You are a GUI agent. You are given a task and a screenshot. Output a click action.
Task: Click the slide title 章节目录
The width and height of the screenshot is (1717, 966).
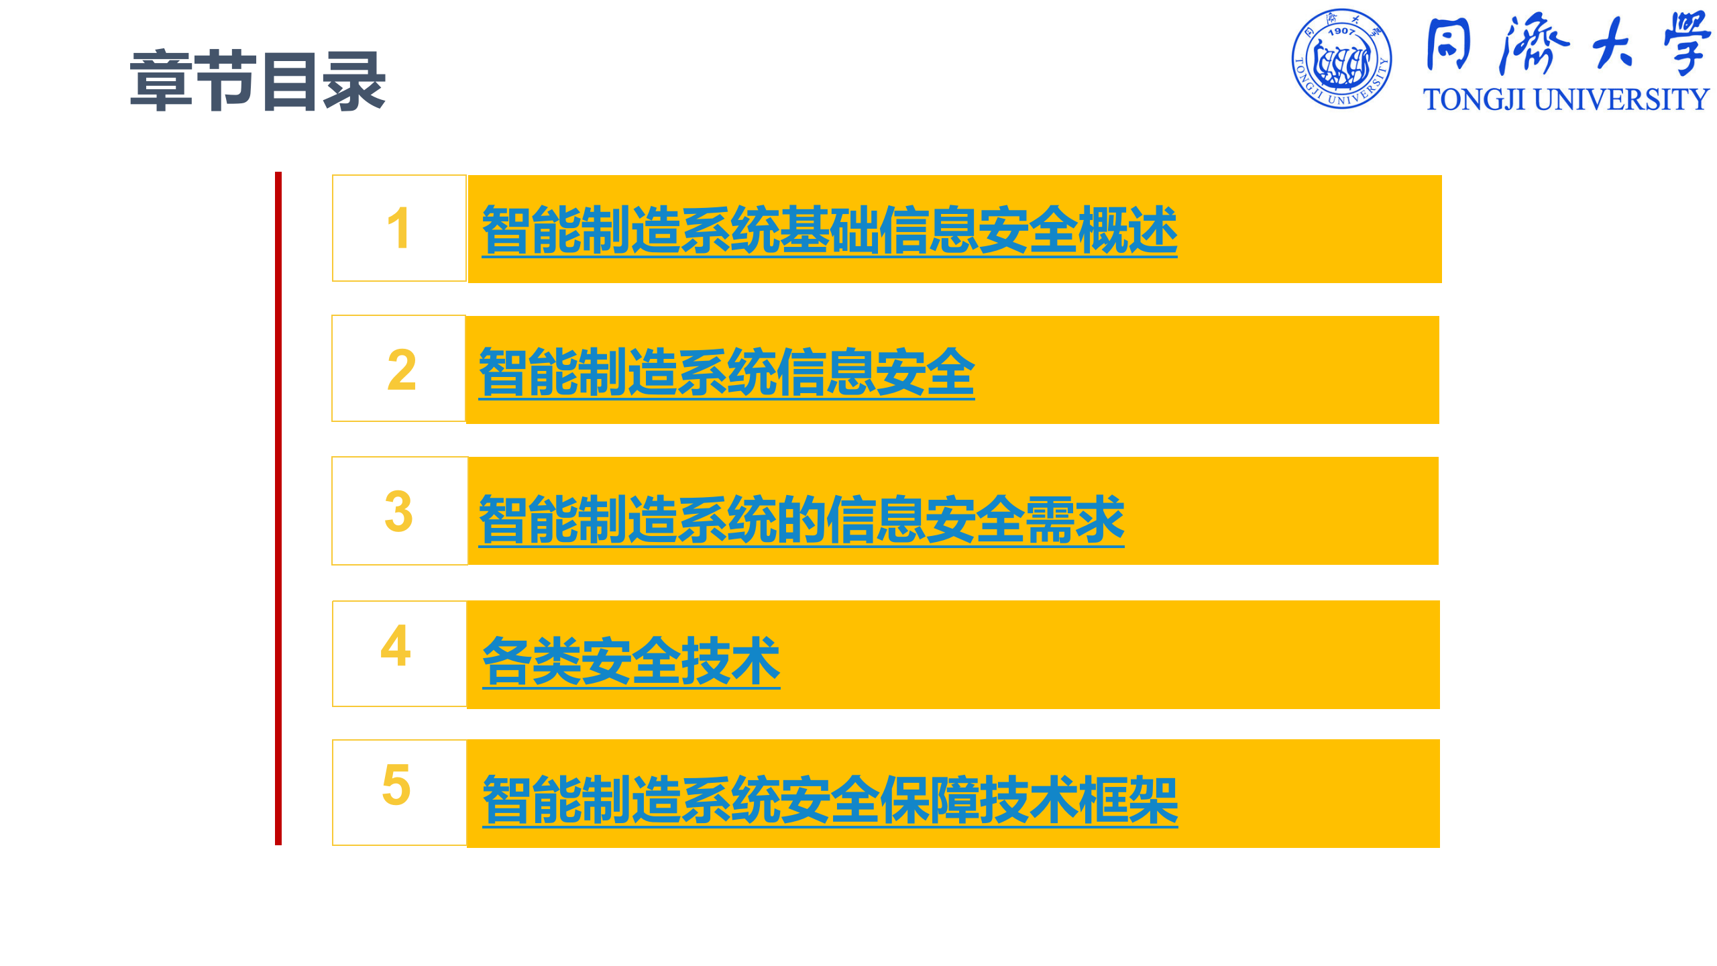[x=258, y=81]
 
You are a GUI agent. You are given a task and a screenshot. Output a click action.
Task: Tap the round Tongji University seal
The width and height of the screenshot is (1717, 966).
[x=1341, y=59]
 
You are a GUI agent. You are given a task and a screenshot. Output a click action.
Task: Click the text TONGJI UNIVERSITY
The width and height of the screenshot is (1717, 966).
[x=1566, y=100]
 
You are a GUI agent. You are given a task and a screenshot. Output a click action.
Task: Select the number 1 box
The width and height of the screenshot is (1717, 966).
[x=399, y=228]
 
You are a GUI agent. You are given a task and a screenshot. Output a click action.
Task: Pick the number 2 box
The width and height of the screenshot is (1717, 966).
[x=399, y=369]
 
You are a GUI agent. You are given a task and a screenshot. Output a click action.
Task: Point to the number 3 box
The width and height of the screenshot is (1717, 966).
[x=399, y=511]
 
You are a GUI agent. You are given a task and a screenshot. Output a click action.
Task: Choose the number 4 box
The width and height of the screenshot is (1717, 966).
[x=399, y=653]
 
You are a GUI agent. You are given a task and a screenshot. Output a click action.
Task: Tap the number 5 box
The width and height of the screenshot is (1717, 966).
[x=399, y=792]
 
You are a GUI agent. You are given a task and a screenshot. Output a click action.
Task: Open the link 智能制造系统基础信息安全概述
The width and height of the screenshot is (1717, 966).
[x=829, y=230]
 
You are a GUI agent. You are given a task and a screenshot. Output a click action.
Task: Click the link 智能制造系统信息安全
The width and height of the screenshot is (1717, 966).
[x=726, y=372]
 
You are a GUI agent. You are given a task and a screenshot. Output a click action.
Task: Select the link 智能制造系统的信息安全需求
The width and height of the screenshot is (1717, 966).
[x=801, y=519]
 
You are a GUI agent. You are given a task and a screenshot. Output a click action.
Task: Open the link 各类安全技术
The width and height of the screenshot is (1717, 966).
[x=631, y=661]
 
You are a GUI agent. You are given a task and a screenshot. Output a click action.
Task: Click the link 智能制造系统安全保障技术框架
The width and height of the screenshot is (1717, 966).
[x=830, y=800]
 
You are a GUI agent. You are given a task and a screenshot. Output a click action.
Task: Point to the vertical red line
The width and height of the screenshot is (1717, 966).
[x=278, y=508]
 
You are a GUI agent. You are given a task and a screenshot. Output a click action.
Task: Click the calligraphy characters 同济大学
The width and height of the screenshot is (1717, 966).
[x=1568, y=44]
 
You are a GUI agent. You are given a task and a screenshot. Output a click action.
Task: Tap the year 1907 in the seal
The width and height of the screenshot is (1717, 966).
[x=1341, y=31]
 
